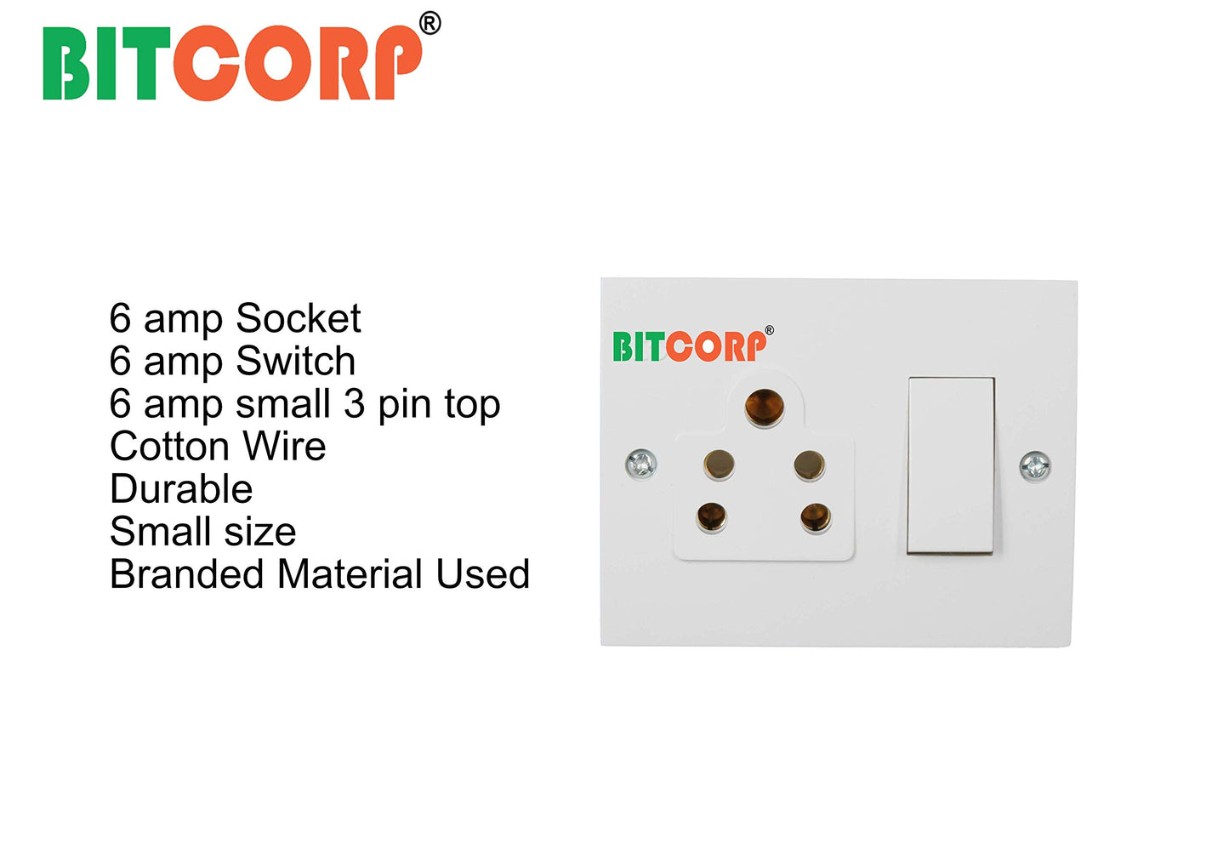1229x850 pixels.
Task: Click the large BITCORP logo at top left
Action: [231, 62]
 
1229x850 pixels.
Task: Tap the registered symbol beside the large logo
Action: [430, 23]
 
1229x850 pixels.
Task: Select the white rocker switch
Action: [951, 465]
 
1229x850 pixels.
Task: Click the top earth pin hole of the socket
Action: [764, 407]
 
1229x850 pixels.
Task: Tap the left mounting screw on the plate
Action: [640, 464]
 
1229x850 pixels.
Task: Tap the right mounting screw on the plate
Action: [1035, 465]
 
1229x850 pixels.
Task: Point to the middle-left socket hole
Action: [719, 464]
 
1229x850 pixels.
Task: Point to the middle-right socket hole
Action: [809, 465]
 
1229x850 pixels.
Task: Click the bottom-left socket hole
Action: [711, 516]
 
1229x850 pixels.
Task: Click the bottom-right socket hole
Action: [815, 516]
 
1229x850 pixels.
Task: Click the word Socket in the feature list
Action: [299, 319]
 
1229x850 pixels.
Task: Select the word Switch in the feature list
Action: [295, 362]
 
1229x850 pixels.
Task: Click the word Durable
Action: [181, 489]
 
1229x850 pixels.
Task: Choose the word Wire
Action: [284, 447]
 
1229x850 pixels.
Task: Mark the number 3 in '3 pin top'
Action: [354, 404]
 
